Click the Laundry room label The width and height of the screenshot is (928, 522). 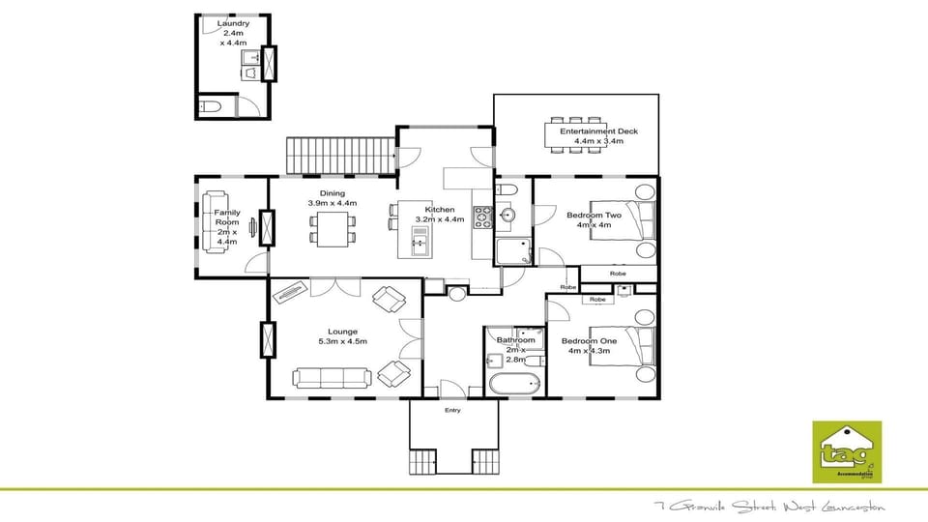(233, 23)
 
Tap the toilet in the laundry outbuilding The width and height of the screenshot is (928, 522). (212, 105)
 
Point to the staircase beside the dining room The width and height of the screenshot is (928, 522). (341, 156)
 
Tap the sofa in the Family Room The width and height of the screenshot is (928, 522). (214, 223)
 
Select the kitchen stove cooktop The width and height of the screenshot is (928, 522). (482, 215)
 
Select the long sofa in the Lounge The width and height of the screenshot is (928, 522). (332, 378)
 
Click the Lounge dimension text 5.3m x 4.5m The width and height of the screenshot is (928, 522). (343, 341)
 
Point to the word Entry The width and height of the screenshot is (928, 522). (452, 410)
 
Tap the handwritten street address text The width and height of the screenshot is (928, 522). (769, 507)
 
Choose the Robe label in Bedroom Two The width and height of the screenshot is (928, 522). (617, 275)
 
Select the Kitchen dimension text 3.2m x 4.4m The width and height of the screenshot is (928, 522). (440, 219)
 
